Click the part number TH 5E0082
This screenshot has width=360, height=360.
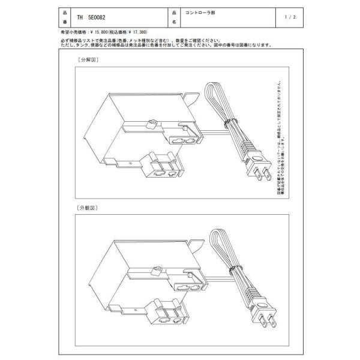[89, 18]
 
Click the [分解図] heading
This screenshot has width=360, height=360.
[87, 61]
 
